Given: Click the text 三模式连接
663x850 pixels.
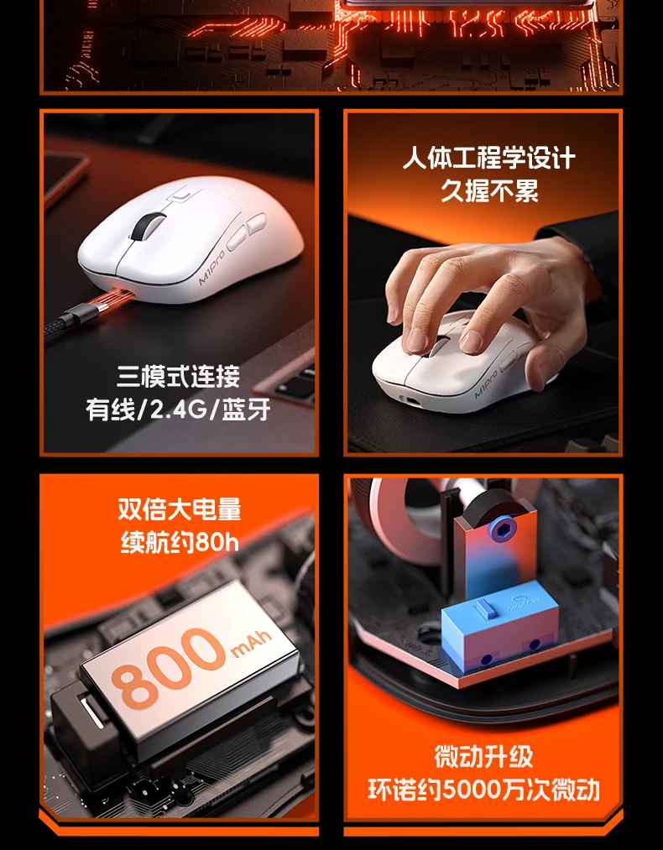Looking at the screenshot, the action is click(179, 377).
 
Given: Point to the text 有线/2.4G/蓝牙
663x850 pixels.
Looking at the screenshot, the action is click(179, 409).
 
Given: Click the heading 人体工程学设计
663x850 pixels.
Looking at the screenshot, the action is click(489, 159).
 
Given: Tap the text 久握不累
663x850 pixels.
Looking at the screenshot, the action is click(489, 190).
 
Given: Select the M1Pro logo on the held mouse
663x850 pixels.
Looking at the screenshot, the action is click(486, 383).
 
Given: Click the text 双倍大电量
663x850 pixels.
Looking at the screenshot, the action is click(180, 509).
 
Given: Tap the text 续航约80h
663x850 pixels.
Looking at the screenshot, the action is click(180, 541).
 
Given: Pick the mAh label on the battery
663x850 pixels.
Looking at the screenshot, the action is click(251, 642).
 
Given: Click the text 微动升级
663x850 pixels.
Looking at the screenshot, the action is click(483, 757).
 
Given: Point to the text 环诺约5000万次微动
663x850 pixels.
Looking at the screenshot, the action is click(483, 790).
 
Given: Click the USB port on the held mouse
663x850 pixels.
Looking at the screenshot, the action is click(410, 400).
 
